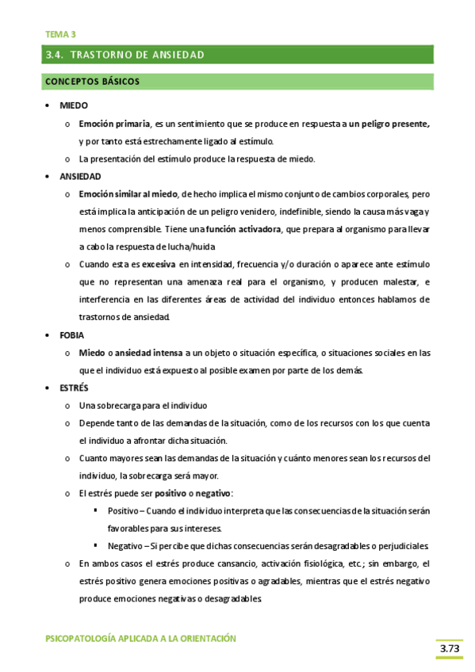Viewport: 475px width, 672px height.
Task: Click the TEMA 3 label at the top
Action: tap(60, 34)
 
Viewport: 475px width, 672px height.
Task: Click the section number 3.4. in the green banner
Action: tap(56, 55)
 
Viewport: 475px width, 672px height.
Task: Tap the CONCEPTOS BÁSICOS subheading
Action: tap(93, 82)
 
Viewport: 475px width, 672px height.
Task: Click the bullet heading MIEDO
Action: tap(73, 105)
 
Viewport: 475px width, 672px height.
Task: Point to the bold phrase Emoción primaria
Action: tap(114, 124)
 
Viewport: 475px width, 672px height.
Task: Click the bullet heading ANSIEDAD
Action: tap(79, 176)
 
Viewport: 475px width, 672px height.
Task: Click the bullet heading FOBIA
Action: tap(71, 334)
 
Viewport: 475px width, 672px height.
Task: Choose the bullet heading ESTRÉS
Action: tap(74, 388)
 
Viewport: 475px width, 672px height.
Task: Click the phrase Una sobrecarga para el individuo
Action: tap(143, 405)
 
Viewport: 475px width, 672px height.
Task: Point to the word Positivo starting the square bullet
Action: tap(123, 510)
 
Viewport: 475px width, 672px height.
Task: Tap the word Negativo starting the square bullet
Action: tap(124, 546)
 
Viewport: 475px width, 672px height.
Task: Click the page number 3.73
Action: tap(450, 650)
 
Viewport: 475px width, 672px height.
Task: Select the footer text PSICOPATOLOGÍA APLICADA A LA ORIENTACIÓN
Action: tap(140, 638)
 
